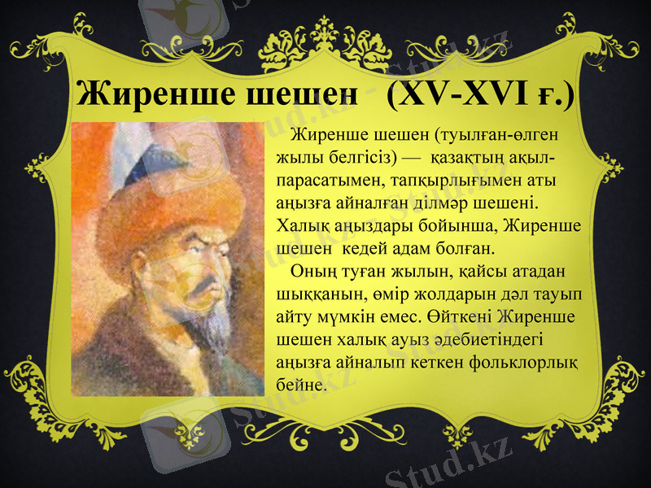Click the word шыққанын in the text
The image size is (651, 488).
[x=314, y=291]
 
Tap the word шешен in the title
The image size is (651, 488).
[x=296, y=95]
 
